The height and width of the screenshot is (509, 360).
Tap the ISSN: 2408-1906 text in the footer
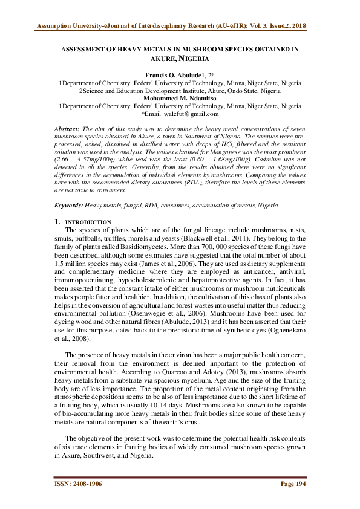(78, 488)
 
